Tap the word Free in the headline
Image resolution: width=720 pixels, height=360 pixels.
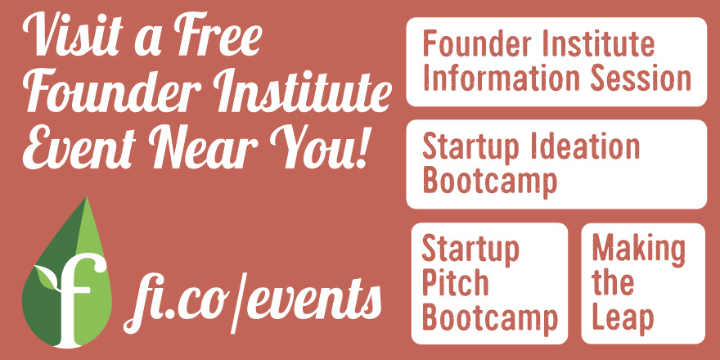(x=219, y=35)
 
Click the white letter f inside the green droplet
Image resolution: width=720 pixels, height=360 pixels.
(x=78, y=299)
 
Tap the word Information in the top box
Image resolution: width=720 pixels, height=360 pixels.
(x=502, y=78)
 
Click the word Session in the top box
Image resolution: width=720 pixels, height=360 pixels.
(x=641, y=78)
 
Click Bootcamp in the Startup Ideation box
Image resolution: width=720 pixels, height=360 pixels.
(x=489, y=182)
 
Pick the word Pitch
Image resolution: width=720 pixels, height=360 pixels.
(x=456, y=283)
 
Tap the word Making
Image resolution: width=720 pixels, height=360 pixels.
(x=638, y=250)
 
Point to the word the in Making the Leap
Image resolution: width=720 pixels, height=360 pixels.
(x=613, y=283)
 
